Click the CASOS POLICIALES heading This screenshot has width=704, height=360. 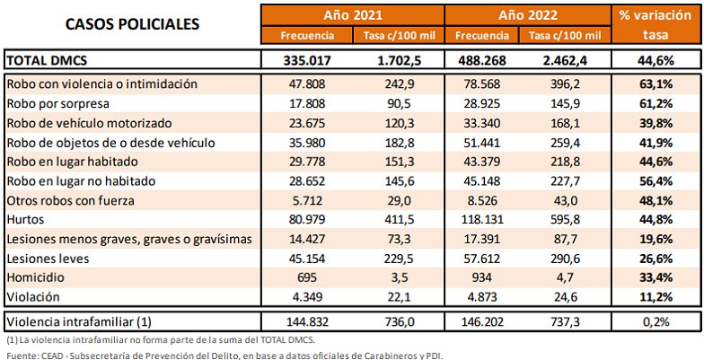point(132,24)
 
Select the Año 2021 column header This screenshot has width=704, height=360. point(351,15)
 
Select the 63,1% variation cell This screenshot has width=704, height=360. point(656,83)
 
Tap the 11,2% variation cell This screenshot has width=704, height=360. point(656,296)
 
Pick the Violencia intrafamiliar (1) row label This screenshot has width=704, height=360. point(78,320)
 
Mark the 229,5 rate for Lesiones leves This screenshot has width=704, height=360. point(394,259)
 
